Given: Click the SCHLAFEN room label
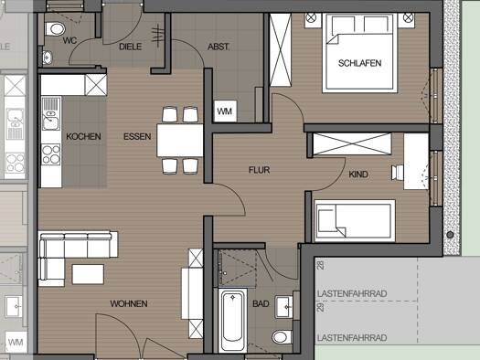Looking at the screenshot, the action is click(359, 63).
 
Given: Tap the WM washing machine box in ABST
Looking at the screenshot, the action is click(225, 111).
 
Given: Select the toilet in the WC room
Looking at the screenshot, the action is click(55, 29).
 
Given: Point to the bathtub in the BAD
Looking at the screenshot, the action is click(232, 320).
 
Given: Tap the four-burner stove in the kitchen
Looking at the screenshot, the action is click(51, 154).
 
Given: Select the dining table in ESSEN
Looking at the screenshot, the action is click(180, 141).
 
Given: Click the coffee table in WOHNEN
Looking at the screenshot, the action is click(88, 274).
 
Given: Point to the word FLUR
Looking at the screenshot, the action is click(260, 170).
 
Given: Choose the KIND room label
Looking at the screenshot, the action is click(358, 175).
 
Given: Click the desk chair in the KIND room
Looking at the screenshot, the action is click(398, 173).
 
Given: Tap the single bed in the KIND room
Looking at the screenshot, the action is click(355, 220).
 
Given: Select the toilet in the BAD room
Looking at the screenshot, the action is click(282, 337).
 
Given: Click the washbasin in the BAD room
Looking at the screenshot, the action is click(283, 307).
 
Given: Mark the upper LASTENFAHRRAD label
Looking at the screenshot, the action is click(352, 293).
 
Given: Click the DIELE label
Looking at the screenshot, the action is click(131, 47).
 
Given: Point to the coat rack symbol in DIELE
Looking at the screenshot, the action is click(158, 35).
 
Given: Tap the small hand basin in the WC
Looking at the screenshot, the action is click(47, 58).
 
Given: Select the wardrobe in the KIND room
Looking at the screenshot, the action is click(352, 144).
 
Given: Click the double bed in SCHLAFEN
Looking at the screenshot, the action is click(359, 53).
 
